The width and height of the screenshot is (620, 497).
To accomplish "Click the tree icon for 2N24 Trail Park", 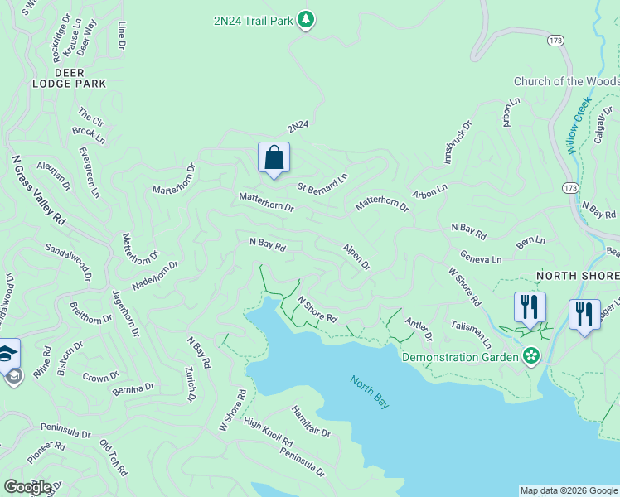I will [306, 19].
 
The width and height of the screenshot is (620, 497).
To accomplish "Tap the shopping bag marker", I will [274, 157].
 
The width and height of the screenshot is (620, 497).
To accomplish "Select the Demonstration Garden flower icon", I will [530, 357].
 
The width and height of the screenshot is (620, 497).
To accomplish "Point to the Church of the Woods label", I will [566, 81].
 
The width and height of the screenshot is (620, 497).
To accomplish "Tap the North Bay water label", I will [370, 392].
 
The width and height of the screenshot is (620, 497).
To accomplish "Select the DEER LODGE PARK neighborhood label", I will [70, 78].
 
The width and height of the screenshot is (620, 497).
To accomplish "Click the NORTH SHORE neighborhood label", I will [578, 276].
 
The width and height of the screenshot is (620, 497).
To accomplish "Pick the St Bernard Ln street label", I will [322, 183].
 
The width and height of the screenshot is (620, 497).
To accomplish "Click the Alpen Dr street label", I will [356, 256].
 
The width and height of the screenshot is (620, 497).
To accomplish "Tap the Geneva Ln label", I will [482, 258].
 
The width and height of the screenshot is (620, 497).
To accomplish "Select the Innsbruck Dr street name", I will [457, 142].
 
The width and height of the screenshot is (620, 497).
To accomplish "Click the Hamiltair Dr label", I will [311, 422].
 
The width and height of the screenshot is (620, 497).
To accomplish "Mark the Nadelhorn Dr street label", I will [155, 274].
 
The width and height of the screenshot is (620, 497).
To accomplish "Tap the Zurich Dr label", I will [190, 384].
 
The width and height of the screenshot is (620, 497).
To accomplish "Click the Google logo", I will [27, 487].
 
